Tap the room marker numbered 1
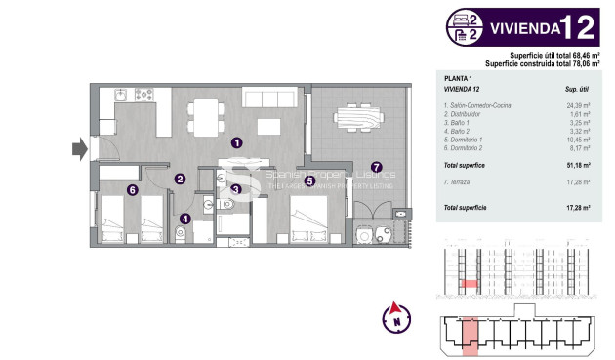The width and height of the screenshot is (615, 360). pos(237,142)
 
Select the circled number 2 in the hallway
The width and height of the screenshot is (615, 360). pos(181,179)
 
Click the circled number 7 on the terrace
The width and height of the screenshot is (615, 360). pos(377,167)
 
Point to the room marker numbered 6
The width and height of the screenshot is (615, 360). pos(131,190)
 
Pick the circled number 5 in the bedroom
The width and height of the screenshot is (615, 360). pos(308,180)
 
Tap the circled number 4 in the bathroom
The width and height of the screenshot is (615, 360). pos(185,219)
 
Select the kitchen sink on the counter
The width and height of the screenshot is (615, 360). pos(120,96)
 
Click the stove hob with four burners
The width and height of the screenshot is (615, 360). pos(145,96)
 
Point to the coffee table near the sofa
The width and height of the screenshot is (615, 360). pos(270,124)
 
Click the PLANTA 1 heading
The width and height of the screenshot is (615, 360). pos(459,77)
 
